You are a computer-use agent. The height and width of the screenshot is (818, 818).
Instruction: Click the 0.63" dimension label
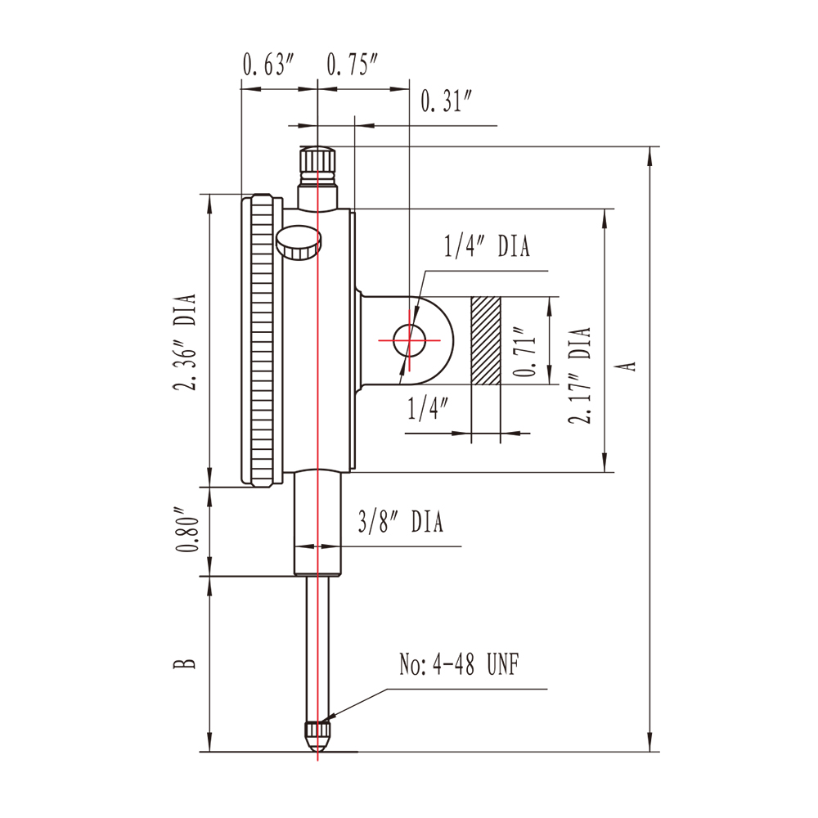tap(267, 65)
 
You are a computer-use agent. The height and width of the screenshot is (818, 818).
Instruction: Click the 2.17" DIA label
tap(581, 375)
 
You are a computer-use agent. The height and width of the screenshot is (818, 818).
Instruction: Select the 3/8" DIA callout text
tap(400, 523)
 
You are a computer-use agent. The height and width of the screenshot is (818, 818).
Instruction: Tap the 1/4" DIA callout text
tap(487, 246)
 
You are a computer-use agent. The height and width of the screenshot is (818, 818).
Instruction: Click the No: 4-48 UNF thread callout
tap(458, 664)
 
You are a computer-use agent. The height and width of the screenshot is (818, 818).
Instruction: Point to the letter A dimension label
tap(628, 364)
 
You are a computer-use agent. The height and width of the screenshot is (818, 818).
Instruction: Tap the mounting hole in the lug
tap(409, 339)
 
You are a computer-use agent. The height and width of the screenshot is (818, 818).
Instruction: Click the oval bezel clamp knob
tap(298, 242)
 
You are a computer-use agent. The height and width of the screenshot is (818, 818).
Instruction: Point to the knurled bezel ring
tap(262, 340)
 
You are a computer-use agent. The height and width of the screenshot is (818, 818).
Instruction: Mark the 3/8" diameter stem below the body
tap(317, 524)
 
